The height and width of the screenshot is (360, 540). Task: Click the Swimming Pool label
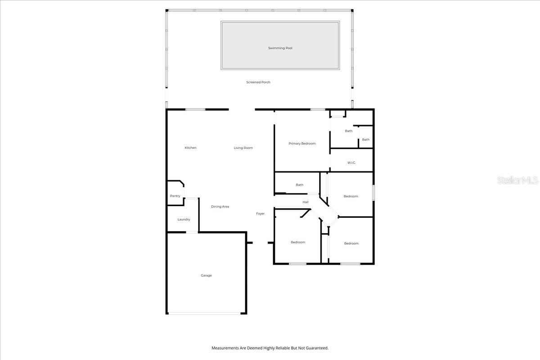click(280, 48)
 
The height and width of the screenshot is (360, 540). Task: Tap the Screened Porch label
click(258, 82)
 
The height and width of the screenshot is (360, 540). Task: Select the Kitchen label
click(190, 148)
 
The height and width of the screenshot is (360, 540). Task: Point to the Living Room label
click(243, 148)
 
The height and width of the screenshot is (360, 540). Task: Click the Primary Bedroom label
click(302, 144)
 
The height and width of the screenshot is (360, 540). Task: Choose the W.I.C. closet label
click(351, 162)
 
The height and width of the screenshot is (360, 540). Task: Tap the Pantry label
click(175, 196)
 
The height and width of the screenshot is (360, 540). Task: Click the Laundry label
click(184, 220)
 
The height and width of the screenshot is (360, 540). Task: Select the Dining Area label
click(220, 207)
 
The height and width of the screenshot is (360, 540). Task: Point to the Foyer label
click(260, 214)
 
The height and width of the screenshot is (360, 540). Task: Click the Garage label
click(206, 275)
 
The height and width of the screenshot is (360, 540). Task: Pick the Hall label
click(305, 202)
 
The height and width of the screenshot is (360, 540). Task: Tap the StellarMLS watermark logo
click(517, 180)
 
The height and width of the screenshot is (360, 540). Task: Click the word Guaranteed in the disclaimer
click(317, 348)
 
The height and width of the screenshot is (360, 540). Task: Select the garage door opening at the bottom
click(207, 313)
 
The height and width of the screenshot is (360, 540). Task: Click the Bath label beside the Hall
click(299, 185)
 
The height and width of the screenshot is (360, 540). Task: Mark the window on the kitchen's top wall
click(195, 109)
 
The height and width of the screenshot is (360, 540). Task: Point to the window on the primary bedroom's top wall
click(318, 109)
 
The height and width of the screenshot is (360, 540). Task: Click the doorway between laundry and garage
click(192, 232)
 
